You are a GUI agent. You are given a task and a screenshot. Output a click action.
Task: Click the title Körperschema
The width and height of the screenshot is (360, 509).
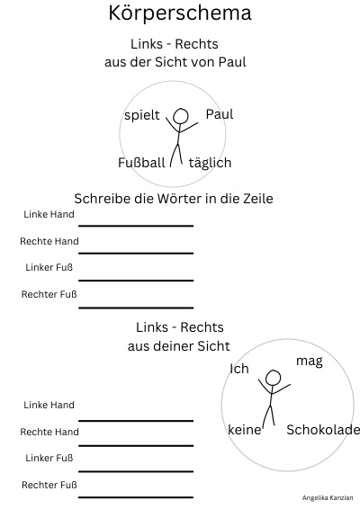[180, 13]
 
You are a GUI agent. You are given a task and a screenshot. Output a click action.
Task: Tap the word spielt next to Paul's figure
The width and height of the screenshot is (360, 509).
[142, 115]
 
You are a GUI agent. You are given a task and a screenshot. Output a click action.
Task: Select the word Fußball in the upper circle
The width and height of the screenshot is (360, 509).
[141, 162]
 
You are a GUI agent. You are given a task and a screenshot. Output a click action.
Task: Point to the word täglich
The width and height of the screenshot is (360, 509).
[210, 163]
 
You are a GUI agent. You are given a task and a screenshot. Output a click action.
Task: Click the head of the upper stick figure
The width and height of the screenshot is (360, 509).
[181, 116]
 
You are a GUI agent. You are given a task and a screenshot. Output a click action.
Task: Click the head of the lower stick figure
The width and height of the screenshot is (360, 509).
[273, 378]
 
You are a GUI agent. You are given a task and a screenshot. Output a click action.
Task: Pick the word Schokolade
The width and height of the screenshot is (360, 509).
[323, 430]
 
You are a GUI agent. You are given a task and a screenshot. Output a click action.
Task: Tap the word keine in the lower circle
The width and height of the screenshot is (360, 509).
[245, 430]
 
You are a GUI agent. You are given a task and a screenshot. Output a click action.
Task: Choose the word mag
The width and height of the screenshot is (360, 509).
[310, 362]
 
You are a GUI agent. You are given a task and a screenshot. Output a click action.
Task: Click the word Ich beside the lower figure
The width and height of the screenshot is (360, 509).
[239, 369]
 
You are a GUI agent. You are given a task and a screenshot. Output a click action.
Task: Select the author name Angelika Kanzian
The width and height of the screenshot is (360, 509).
[328, 497]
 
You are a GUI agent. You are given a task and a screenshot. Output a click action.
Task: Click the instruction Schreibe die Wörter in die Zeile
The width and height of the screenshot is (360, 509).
[174, 199]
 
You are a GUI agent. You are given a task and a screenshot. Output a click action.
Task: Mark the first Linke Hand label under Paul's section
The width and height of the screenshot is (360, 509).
[49, 214]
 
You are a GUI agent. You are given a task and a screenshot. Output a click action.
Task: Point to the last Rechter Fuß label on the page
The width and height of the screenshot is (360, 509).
[49, 485]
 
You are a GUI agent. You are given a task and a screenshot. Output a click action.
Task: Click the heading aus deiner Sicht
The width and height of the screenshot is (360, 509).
[179, 346]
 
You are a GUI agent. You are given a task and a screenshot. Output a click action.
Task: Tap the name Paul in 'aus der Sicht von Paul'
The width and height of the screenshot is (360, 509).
[232, 62]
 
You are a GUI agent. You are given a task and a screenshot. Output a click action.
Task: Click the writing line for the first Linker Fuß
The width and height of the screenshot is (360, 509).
[136, 281]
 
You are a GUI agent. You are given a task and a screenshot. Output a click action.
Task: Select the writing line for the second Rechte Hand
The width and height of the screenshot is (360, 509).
[136, 445]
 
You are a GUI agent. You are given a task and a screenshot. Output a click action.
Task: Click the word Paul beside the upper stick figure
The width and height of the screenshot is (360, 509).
[220, 114]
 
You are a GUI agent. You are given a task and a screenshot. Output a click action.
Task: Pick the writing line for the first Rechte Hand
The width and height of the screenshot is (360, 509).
[136, 253]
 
